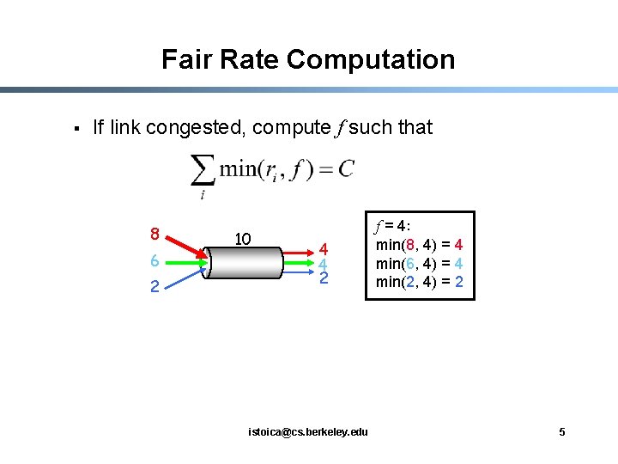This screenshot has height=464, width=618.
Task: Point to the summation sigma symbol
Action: coord(202,170)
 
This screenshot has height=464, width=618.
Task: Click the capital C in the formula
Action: coord(345,168)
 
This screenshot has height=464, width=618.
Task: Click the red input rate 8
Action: coord(154,233)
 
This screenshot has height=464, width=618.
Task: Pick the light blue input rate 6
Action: coord(154,260)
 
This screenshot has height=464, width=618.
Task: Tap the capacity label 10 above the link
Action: coord(243,238)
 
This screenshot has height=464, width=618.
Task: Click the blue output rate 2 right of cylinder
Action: coord(324,278)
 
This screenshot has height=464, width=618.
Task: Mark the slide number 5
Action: coord(562,431)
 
